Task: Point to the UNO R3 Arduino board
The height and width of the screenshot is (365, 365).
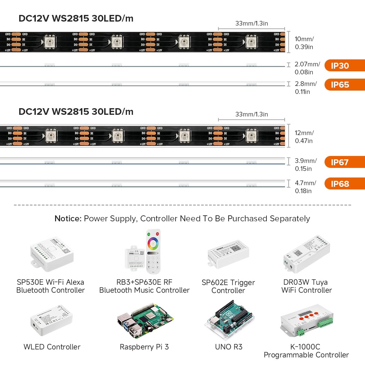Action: pos(229,320)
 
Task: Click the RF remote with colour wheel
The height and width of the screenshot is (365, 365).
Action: pos(153,251)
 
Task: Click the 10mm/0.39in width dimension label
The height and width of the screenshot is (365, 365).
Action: pos(304,43)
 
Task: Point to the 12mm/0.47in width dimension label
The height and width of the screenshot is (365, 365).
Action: pos(304,137)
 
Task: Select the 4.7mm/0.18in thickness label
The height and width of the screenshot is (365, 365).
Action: pos(305,187)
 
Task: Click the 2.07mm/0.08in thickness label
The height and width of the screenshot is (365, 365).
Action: pos(307,68)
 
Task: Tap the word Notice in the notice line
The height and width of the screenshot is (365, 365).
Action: pos(68,219)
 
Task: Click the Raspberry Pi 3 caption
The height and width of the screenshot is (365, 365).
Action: pos(144,347)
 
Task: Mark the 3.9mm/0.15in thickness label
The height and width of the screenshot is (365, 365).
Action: pos(305,165)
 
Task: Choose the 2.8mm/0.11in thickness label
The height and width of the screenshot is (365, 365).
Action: pos(305,88)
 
